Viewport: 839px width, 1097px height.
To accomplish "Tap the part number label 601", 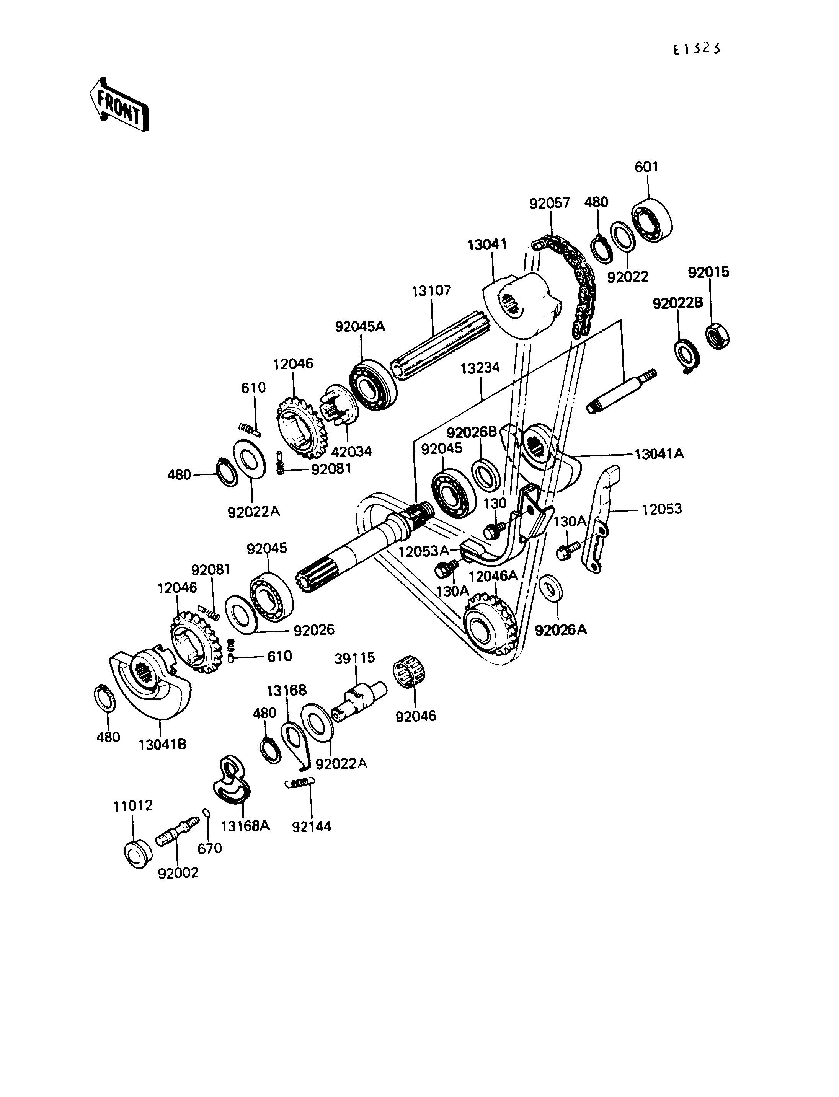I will (646, 167).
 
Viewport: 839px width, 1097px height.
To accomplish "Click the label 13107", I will (431, 290).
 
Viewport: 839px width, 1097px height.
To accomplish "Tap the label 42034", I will (352, 452).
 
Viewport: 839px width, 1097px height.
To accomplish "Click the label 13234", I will (480, 368).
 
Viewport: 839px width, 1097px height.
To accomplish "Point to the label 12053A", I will (423, 551).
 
